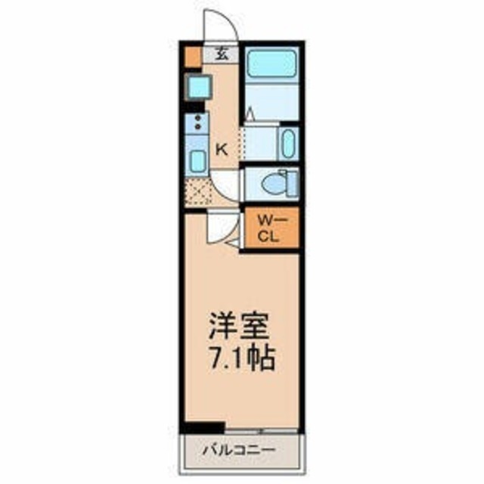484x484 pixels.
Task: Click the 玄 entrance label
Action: [x=221, y=54]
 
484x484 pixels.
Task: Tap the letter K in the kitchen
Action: [x=222, y=148]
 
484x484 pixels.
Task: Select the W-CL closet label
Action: [x=268, y=228]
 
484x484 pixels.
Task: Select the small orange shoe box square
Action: [x=191, y=55]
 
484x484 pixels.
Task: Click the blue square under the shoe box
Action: [x=198, y=88]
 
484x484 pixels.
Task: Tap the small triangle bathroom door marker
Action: [x=250, y=114]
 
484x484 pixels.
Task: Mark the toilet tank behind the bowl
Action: [x=290, y=183]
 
